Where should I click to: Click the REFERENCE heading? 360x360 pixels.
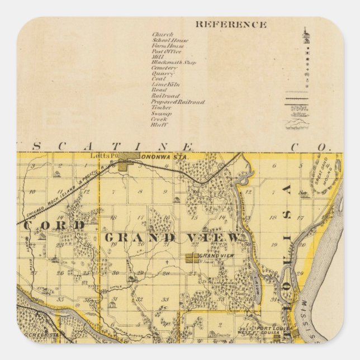tap(230, 25)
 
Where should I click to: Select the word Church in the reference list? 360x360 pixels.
tap(162, 35)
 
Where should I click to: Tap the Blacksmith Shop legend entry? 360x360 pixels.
tap(170, 63)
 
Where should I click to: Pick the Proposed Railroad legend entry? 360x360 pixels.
tap(177, 102)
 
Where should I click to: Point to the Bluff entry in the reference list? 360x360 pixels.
tap(159, 125)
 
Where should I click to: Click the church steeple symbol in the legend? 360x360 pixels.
tap(305, 35)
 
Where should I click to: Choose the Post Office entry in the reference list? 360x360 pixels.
tap(166, 51)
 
